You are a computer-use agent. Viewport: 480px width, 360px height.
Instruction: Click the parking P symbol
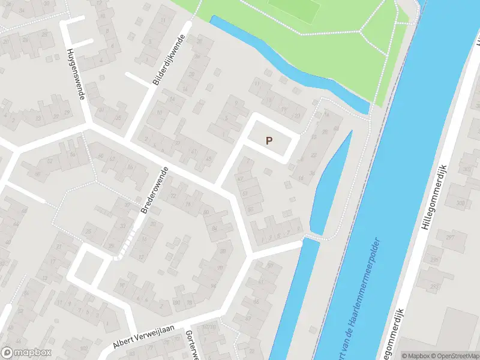269,140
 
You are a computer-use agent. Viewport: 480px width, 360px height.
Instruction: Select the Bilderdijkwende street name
170,60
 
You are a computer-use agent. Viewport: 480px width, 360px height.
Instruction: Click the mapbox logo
26,353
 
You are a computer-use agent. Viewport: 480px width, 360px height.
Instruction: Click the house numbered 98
223,250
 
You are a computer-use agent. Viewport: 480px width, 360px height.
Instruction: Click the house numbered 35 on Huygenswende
118,117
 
